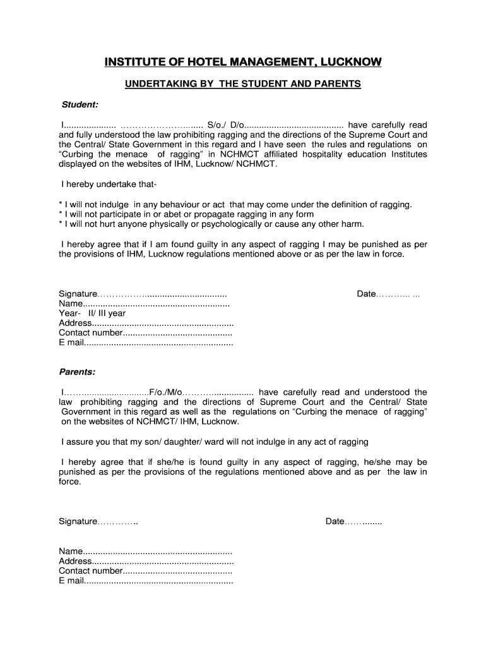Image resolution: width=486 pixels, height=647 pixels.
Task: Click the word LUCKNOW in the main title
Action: click(351, 62)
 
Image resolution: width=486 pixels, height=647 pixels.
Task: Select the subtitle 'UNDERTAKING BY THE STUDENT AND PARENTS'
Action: click(242, 83)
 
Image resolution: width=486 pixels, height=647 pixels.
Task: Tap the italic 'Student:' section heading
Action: click(79, 104)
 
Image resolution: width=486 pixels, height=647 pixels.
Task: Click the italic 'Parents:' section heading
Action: click(77, 372)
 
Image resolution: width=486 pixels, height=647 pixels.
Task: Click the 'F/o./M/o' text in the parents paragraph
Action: click(165, 392)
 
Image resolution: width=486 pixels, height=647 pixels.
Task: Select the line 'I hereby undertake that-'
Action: click(109, 184)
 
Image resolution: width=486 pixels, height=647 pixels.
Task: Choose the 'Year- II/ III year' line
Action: click(92, 313)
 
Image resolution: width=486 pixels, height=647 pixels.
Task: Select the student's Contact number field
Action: click(145, 333)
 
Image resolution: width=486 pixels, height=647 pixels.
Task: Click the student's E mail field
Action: click(145, 343)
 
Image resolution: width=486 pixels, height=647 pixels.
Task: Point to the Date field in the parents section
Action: click(353, 521)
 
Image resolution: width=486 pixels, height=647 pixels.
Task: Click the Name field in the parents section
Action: click(145, 551)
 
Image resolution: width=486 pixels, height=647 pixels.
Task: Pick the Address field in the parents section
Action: click(146, 561)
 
